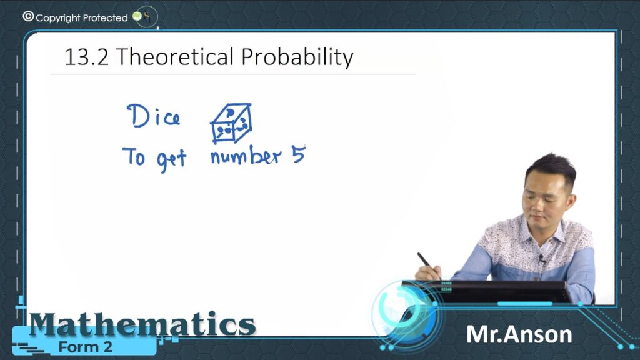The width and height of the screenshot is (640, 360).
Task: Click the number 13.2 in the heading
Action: point(86,57)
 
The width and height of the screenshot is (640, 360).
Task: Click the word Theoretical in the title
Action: point(175,56)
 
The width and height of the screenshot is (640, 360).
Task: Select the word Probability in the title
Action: point(297,57)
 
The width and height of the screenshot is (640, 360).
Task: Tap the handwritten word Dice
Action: point(154,116)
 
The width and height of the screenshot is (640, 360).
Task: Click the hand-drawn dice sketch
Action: point(231,123)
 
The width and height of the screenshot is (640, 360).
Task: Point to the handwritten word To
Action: point(134,156)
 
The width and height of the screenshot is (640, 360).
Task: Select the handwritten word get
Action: point(171,161)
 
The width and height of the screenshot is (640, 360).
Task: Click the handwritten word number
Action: point(246,155)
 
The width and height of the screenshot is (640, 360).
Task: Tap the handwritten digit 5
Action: point(299,155)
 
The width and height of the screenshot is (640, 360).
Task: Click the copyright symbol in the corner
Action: point(28,16)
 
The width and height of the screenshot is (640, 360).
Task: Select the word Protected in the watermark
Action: point(105,18)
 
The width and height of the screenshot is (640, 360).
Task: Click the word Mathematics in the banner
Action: point(142,324)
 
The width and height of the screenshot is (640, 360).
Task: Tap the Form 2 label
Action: point(85,347)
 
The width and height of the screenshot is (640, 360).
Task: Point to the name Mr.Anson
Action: point(519,335)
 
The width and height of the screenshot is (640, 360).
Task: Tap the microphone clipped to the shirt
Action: point(542,258)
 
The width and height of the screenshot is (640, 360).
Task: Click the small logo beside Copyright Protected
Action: point(143,17)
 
